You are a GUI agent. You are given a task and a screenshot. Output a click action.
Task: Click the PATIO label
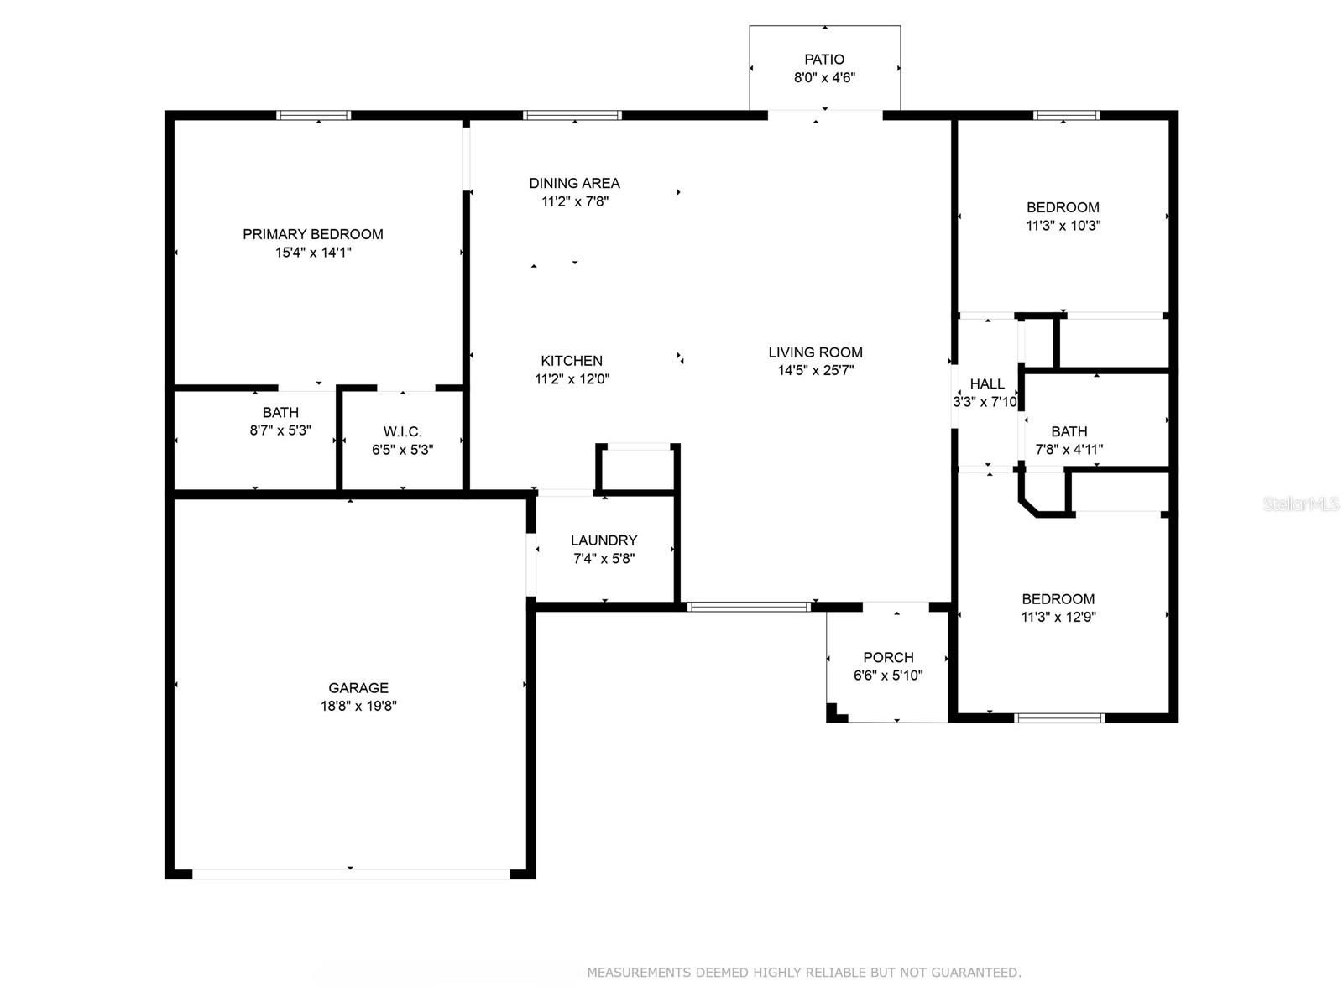tap(824, 60)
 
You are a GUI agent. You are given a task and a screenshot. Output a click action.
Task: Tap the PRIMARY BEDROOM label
tap(312, 234)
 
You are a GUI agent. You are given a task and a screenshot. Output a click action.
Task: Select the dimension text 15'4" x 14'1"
tap(312, 253)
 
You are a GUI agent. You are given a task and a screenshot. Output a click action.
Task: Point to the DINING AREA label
tap(574, 183)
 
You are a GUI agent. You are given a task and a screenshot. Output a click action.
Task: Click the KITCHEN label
tap(572, 361)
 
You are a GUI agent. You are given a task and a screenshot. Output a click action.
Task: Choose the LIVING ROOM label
tap(816, 352)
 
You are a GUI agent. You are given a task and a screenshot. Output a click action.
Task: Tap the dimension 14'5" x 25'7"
tap(816, 370)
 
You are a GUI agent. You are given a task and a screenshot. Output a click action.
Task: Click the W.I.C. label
tap(403, 431)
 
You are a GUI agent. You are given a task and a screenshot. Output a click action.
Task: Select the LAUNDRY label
tap(604, 540)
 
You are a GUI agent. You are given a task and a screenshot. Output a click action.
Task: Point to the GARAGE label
tap(358, 688)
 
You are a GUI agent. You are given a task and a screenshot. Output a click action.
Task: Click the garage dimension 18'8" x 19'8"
tap(358, 707)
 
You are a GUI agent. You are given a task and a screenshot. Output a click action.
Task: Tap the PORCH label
tap(888, 657)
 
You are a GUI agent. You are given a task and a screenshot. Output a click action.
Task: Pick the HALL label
tap(987, 384)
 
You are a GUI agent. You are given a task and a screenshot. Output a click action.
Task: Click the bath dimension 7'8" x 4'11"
tap(1069, 450)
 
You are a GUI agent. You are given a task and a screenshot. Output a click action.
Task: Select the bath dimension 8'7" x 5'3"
tap(280, 430)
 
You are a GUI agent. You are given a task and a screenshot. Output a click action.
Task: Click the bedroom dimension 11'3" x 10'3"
tap(1063, 226)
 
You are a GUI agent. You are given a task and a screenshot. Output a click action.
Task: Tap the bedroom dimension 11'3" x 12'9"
tap(1058, 617)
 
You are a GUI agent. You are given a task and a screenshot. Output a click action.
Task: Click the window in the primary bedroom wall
tap(313, 115)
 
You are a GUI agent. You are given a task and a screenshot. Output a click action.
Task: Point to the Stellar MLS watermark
tap(1301, 503)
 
